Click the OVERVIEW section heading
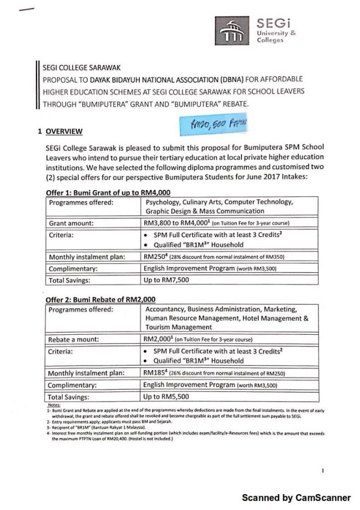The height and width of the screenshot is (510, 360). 63,131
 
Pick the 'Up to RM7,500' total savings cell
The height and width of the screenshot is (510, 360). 166,280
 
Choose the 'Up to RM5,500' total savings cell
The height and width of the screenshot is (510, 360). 166,397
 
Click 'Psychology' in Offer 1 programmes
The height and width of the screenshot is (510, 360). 163,202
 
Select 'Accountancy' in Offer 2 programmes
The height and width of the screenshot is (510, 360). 163,309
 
